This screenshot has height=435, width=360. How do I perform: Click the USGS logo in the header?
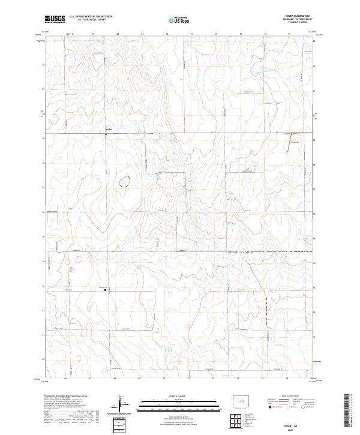click(55, 19)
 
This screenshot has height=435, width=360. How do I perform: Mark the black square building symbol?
click(106, 290)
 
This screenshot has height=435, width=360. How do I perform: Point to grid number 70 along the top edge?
click(166, 35)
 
